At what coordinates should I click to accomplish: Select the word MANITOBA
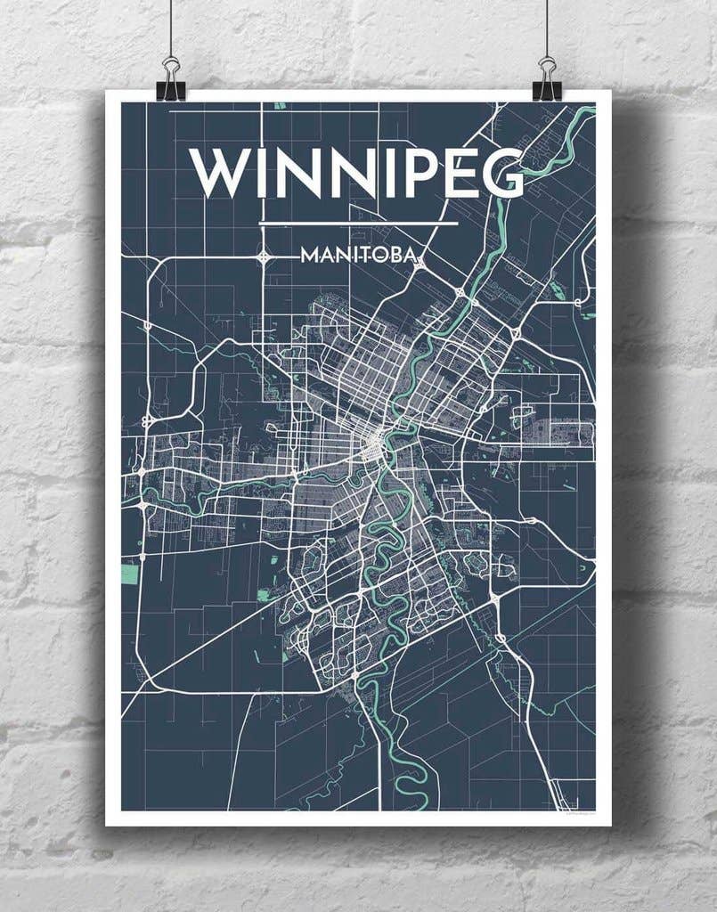358,256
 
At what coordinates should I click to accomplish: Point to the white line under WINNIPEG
357,223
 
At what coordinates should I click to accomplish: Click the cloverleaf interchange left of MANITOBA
264,256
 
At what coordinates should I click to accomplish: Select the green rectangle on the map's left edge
130,574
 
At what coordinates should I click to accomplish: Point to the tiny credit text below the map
579,813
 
